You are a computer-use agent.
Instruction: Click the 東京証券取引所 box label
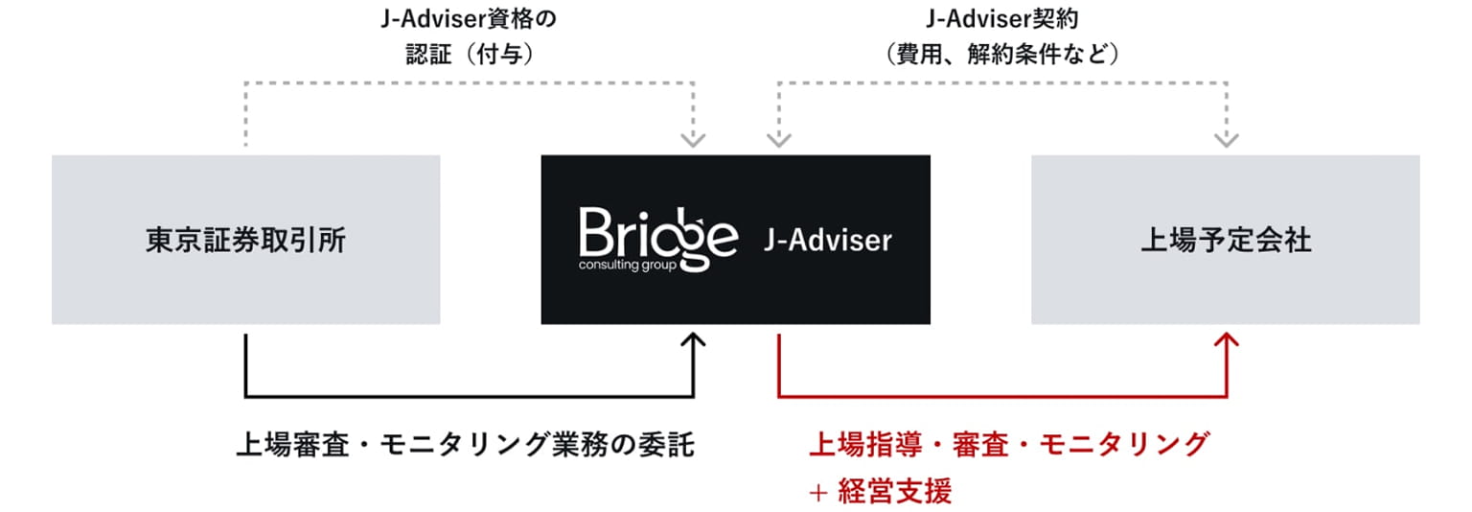pyautogui.click(x=245, y=241)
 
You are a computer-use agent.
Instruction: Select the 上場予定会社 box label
pyautogui.click(x=1225, y=241)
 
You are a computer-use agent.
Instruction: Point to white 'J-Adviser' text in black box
pyautogui.click(x=828, y=241)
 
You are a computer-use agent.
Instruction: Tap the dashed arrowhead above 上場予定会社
pyautogui.click(x=1226, y=140)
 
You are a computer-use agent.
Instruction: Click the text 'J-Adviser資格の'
pyautogui.click(x=468, y=18)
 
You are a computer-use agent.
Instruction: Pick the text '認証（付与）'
pyautogui.click(x=468, y=55)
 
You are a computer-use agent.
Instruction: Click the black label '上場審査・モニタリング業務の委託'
pyautogui.click(x=465, y=445)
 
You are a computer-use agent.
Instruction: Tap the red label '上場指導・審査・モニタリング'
pyautogui.click(x=1008, y=445)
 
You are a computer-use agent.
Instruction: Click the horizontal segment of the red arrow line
pyautogui.click(x=1002, y=396)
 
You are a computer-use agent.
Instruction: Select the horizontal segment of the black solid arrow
pyautogui.click(x=470, y=396)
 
